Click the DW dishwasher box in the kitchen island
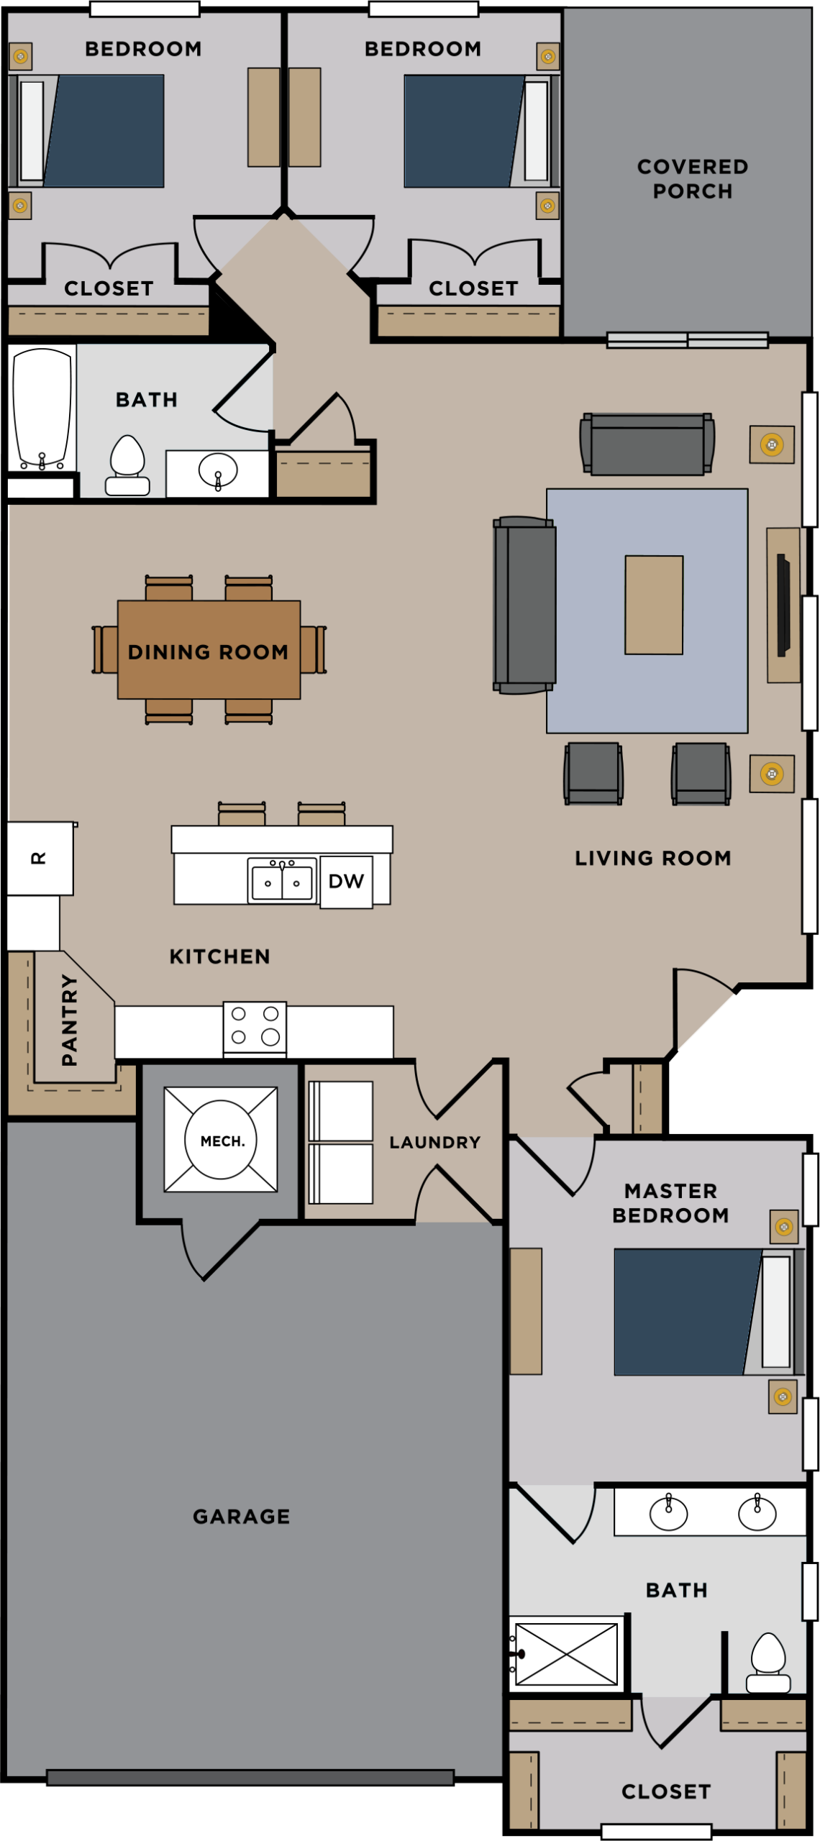coord(346,881)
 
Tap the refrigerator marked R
coord(40,858)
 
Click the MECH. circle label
coord(222,1141)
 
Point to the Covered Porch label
coord(692,178)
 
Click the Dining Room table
coord(209,650)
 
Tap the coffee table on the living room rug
coord(653,605)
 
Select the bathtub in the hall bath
coord(42,408)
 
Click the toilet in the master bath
coord(768,1662)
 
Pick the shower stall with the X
coord(566,1655)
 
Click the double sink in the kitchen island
coord(282,880)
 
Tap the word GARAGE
coord(241,1516)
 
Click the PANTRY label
coord(70,1019)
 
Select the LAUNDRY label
coord(434,1142)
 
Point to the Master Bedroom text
coord(670,1202)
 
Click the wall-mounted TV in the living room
coord(783,603)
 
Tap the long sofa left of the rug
coord(524,605)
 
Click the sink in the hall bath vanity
coord(218,471)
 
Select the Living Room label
coord(652,857)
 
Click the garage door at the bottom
coord(250,1778)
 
